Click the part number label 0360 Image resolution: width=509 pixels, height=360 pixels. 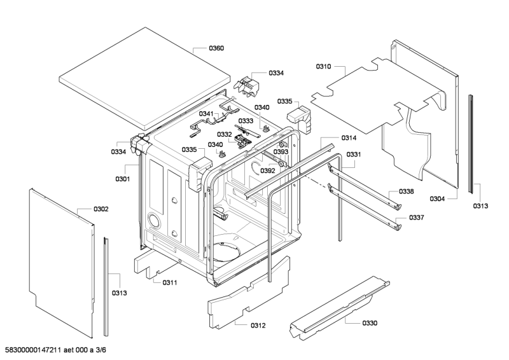tap(216, 48)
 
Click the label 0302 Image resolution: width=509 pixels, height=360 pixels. tap(101, 209)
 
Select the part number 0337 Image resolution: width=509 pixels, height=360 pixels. tap(416, 218)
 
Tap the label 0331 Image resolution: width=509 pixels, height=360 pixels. tap(354, 155)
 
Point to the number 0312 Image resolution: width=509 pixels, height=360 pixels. tap(258, 325)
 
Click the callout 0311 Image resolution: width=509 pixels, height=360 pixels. tap(169, 282)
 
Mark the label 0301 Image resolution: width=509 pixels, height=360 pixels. tap(122, 179)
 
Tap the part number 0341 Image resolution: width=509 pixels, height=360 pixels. tap(207, 114)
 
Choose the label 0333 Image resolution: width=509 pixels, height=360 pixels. tap(246, 121)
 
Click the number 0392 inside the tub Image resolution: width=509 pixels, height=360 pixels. tap(267, 170)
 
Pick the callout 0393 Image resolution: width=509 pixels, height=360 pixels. tap(281, 152)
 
